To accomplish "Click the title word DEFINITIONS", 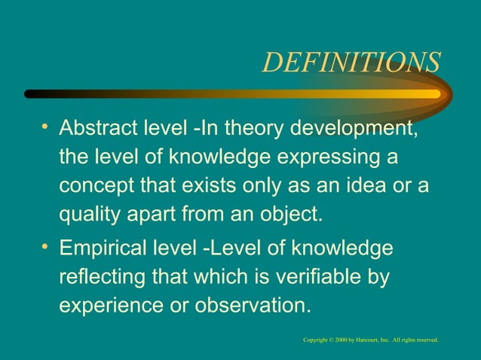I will (x=351, y=63).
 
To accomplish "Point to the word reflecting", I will (x=104, y=278).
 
